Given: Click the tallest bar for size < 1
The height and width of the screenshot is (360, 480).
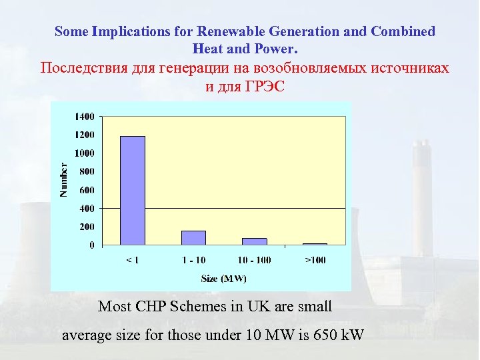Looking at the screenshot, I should (x=133, y=191).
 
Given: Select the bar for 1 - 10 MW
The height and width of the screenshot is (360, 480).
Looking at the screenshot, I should (x=194, y=238).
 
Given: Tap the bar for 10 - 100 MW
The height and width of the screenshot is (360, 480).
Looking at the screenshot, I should (x=254, y=241).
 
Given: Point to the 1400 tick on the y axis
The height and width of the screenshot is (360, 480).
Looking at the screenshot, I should (x=85, y=116).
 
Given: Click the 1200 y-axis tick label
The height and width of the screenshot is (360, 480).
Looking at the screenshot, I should (x=85, y=135).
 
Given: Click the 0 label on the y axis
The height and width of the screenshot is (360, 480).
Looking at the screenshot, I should (x=91, y=245).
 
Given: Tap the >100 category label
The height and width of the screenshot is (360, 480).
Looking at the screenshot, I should (x=315, y=259).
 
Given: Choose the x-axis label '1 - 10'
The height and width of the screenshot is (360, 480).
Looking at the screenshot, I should (x=194, y=259).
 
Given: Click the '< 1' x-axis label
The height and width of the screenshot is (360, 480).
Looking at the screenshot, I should (x=133, y=259).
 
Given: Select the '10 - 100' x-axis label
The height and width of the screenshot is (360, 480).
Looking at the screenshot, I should (x=254, y=259).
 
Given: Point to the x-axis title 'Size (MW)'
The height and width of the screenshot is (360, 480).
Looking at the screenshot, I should (x=224, y=278).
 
